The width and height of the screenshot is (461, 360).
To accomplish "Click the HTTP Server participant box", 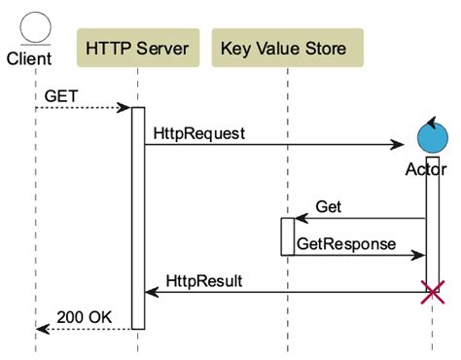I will coord(137,48).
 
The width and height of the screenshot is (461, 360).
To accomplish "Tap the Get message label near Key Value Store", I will coord(329,207).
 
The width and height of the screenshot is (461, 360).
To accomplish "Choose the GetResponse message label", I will coord(345,243).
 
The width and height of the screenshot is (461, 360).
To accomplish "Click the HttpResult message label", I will coord(204,280).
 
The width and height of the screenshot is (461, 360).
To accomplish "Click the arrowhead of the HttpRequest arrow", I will coord(398,145).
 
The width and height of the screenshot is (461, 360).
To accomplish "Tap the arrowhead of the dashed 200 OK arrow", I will coord(42,328).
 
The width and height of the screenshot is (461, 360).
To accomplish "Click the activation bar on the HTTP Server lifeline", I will coord(138,218).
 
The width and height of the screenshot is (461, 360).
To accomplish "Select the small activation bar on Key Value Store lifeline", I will coord(288,236).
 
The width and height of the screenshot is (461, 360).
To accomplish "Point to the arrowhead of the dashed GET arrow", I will coord(125,108).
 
